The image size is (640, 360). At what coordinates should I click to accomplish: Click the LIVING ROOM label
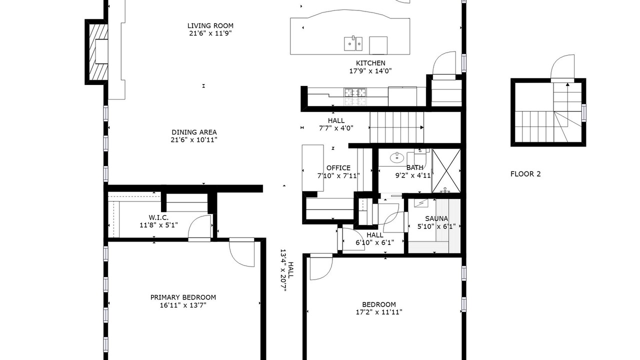pyautogui.click(x=210, y=25)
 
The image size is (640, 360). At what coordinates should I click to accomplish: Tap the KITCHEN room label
pyautogui.click(x=370, y=63)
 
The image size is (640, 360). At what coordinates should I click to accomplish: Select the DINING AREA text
pyautogui.click(x=194, y=132)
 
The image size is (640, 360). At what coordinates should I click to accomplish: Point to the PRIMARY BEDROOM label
pyautogui.click(x=183, y=297)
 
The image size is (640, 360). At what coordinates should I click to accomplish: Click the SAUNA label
pyautogui.click(x=436, y=219)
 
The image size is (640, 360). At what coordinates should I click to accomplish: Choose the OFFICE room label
pyautogui.click(x=338, y=168)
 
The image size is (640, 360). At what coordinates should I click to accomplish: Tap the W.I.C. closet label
pyautogui.click(x=158, y=217)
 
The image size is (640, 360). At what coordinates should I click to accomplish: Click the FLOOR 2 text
pyautogui.click(x=525, y=174)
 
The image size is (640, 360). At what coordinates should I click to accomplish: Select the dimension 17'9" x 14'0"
pyautogui.click(x=370, y=71)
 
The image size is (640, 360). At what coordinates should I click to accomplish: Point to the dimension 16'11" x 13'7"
pyautogui.click(x=183, y=305)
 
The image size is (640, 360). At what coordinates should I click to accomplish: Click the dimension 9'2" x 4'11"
pyautogui.click(x=413, y=175)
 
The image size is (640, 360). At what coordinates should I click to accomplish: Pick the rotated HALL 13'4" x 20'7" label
pyautogui.click(x=286, y=270)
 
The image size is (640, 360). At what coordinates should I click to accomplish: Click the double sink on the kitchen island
pyautogui.click(x=353, y=43)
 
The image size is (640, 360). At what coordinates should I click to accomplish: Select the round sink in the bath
pyautogui.click(x=397, y=157)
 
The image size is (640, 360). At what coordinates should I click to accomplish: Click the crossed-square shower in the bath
pyautogui.click(x=446, y=170)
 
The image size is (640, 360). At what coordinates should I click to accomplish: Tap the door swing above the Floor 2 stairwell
pyautogui.click(x=562, y=66)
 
